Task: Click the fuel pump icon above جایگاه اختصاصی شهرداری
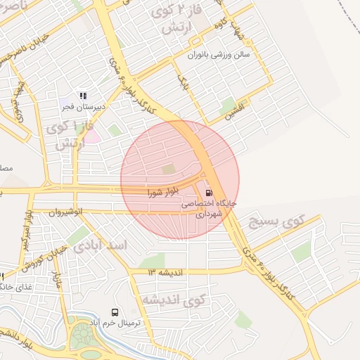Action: pyautogui.click(x=209, y=192)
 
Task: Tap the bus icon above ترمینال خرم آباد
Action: pyautogui.click(x=114, y=311)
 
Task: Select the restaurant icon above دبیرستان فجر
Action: pyautogui.click(x=83, y=96)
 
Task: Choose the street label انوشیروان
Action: pyautogui.click(x=67, y=211)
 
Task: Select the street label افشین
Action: pyautogui.click(x=234, y=112)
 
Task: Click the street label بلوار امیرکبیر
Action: pyautogui.click(x=26, y=232)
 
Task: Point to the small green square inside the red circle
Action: pyautogui.click(x=168, y=169)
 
